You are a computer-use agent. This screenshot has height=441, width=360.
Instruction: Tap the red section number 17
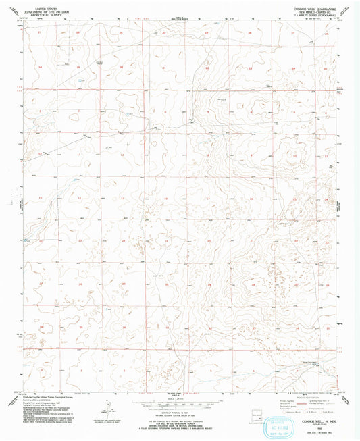208,197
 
